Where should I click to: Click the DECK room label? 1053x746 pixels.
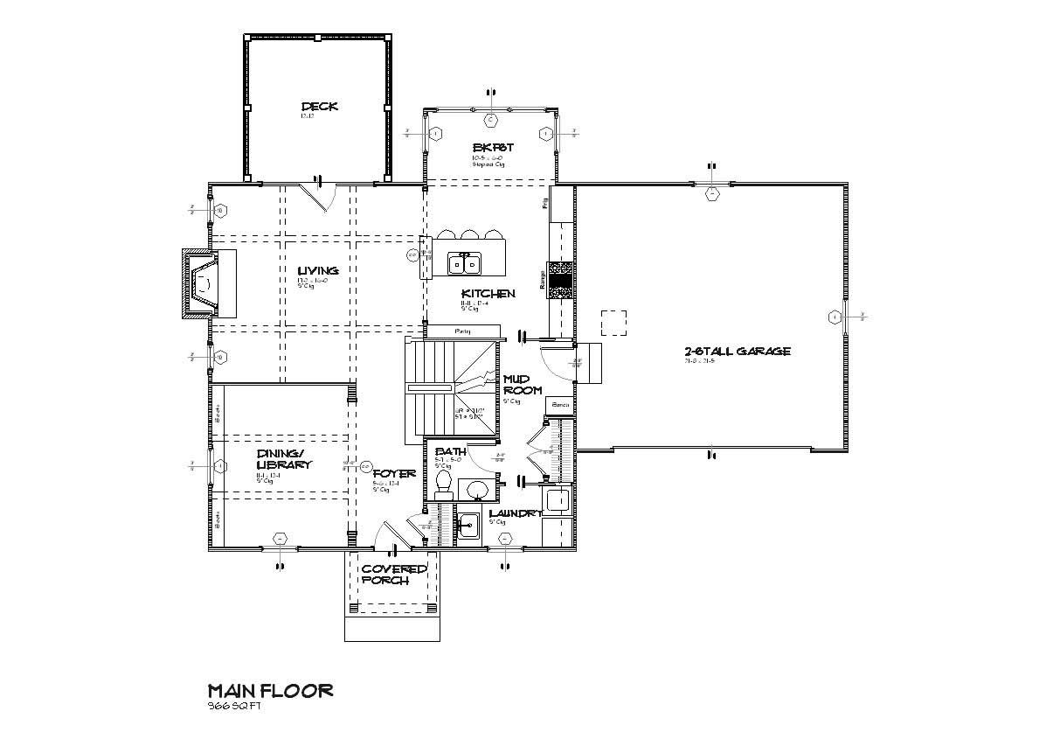tap(319, 107)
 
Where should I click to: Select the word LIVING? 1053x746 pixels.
tap(317, 271)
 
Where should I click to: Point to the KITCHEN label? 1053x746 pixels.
tap(488, 294)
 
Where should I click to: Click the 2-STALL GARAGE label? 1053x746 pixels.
tap(738, 352)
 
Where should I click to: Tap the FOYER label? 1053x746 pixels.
tap(393, 474)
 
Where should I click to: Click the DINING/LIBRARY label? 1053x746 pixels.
tap(283, 459)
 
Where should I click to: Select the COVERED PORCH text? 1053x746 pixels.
tap(394, 575)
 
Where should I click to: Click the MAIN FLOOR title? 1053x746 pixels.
tap(270, 691)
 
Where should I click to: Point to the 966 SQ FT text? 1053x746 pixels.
tap(233, 707)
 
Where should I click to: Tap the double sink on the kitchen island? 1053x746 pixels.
tap(464, 262)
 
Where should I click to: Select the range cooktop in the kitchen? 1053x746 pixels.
tap(560, 281)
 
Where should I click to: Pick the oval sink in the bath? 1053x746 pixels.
tap(478, 488)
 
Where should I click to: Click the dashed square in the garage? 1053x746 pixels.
tap(614, 323)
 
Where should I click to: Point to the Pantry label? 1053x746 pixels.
tap(462, 331)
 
